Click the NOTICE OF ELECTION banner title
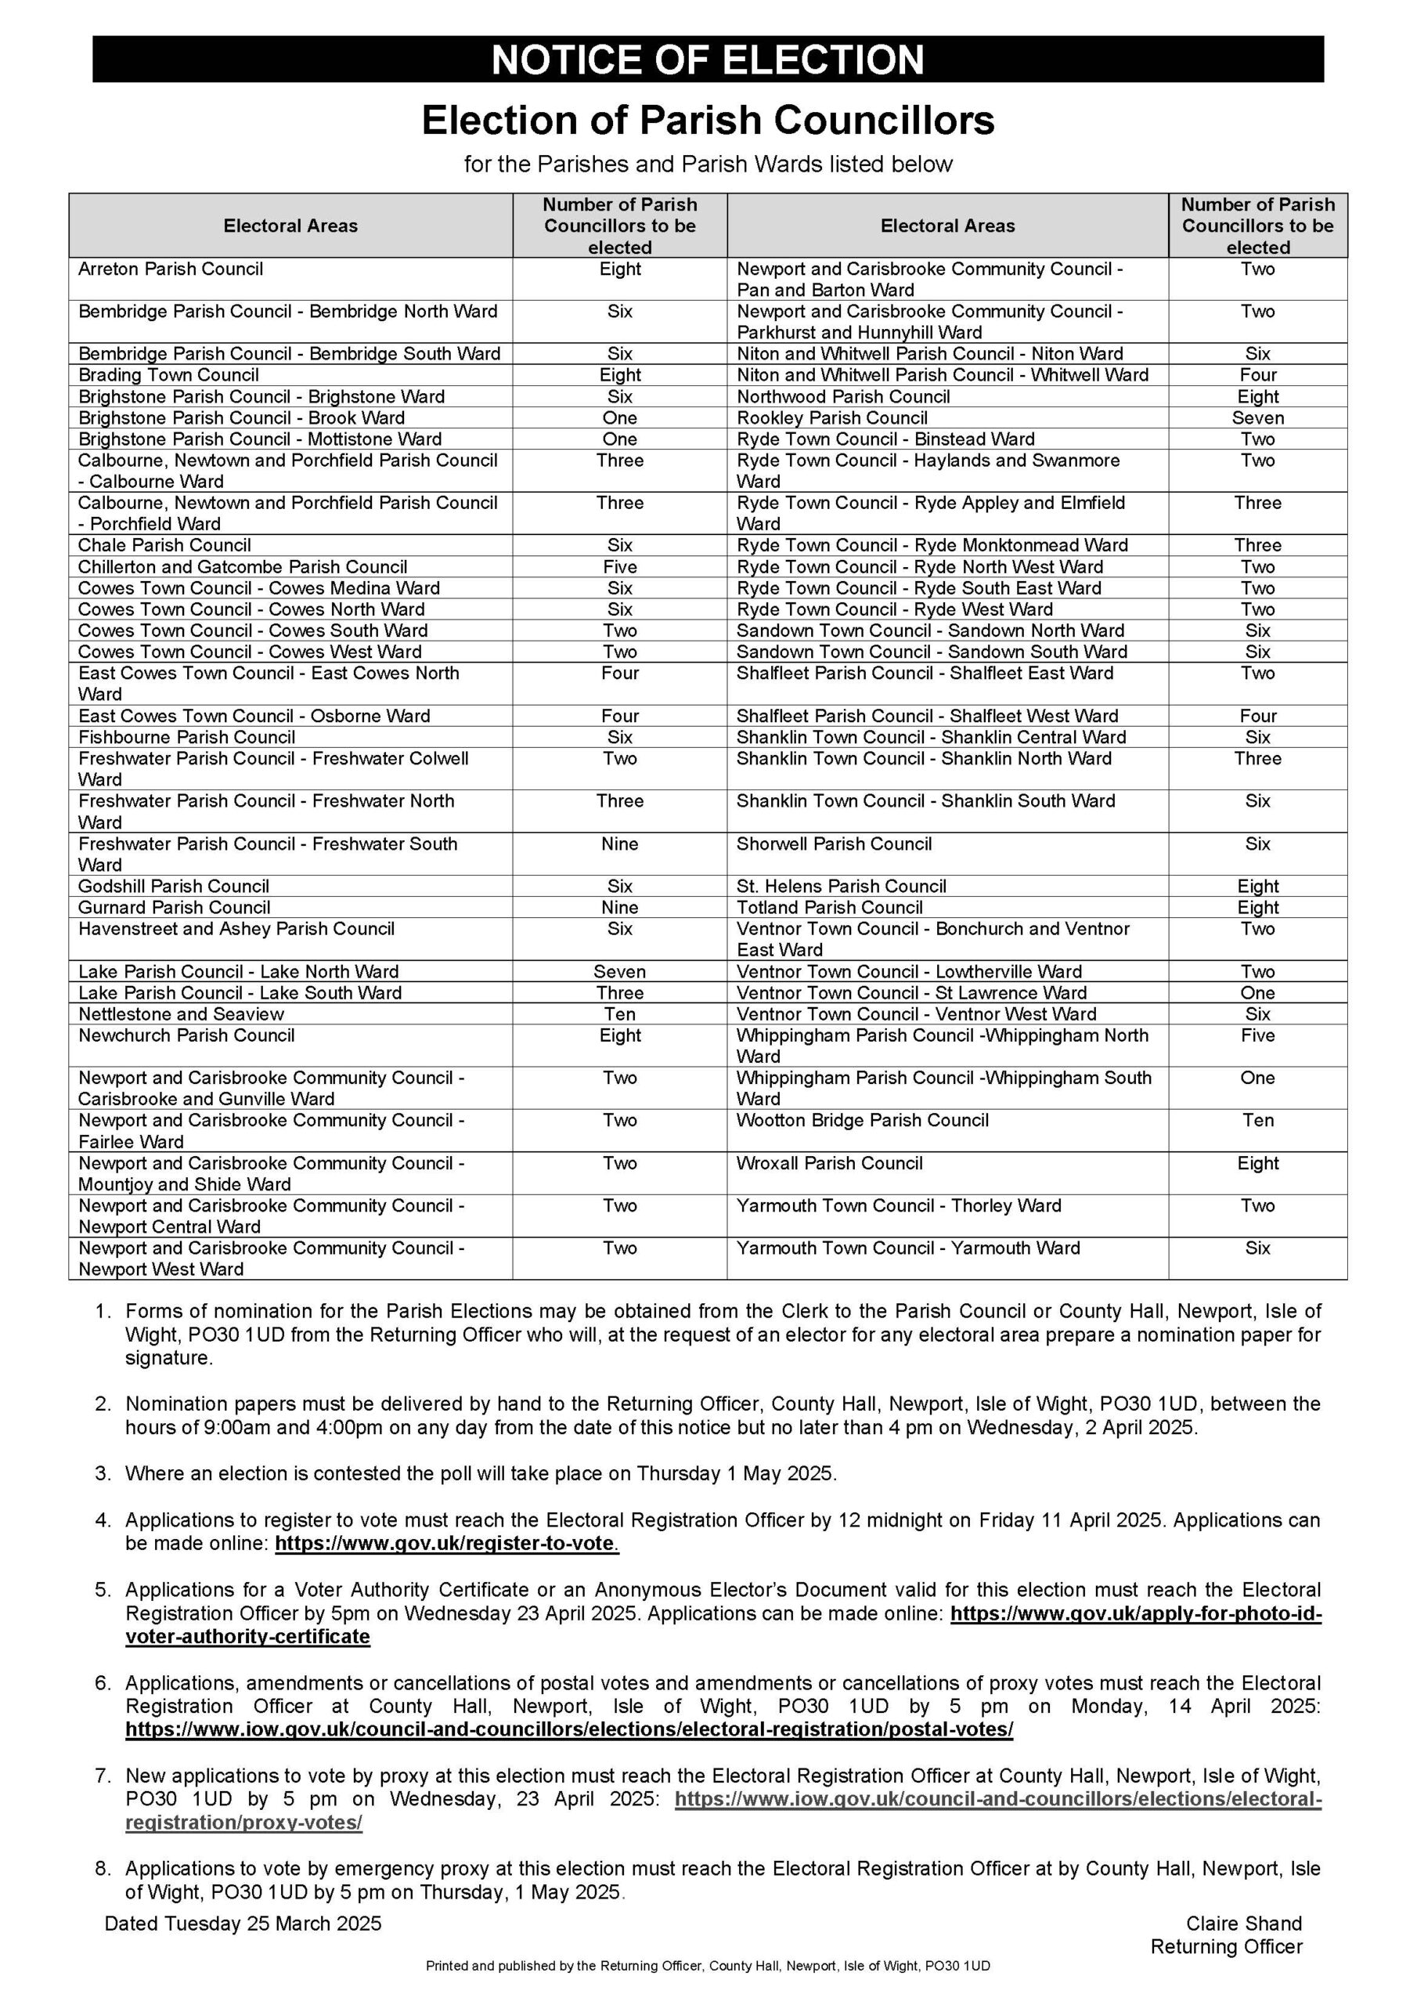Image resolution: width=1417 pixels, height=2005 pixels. tap(707, 60)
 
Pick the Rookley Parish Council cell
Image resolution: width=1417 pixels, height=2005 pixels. tap(831, 418)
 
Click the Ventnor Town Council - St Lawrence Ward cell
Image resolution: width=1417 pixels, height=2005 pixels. tap(911, 993)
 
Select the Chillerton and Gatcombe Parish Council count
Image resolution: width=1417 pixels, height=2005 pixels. tap(619, 567)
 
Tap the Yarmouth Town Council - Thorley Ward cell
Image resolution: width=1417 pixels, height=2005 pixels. tap(899, 1206)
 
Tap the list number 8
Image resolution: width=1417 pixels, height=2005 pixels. tap(103, 1869)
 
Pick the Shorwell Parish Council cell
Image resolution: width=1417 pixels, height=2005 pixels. tap(834, 844)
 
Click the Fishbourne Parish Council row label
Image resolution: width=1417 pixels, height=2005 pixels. tap(186, 738)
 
